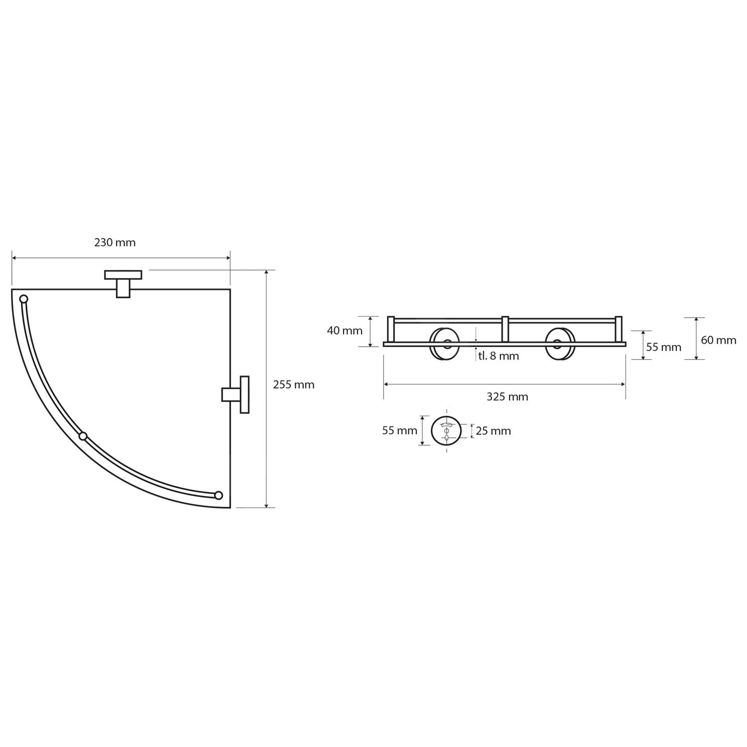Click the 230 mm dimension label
pyautogui.click(x=115, y=243)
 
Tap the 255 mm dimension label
pyautogui.click(x=294, y=384)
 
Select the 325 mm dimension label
pyautogui.click(x=507, y=396)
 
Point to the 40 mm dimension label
pyautogui.click(x=345, y=330)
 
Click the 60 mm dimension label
pyautogui.click(x=719, y=340)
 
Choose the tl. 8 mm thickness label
pyautogui.click(x=498, y=356)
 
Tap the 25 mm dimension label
pyautogui.click(x=493, y=431)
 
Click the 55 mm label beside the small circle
pyautogui.click(x=399, y=431)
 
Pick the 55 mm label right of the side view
pyautogui.click(x=664, y=347)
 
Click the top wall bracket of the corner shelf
pyautogui.click(x=123, y=283)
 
